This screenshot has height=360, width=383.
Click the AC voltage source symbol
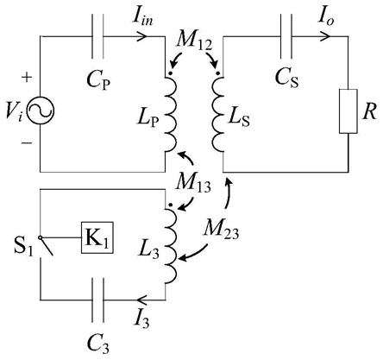(40, 111)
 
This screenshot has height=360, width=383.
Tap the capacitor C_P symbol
(97, 36)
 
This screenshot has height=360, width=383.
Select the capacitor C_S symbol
(286, 36)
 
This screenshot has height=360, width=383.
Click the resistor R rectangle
(348, 111)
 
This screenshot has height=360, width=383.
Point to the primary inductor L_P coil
(170, 115)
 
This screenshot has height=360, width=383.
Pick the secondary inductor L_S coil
(218, 115)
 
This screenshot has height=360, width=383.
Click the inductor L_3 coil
(170, 247)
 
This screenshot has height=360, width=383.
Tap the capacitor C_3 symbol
(97, 300)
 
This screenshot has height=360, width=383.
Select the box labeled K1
(97, 237)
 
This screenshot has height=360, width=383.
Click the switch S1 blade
(47, 246)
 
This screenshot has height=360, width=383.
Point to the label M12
(195, 43)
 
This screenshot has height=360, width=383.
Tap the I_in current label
(142, 19)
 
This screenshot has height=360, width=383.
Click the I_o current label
(326, 19)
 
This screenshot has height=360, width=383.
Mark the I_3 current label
(141, 319)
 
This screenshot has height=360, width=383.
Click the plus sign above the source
(27, 77)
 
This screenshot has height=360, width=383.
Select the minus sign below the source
(27, 142)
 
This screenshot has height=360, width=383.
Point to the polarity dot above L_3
(170, 205)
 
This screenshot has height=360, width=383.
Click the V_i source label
(14, 112)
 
